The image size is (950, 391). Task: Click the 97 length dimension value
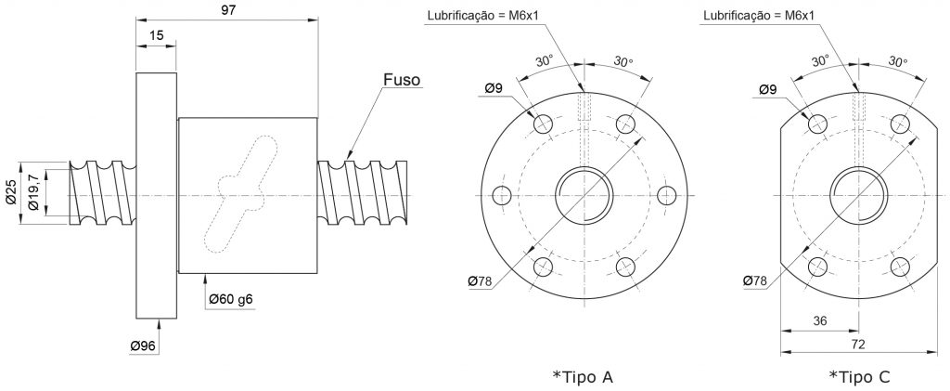click(x=228, y=10)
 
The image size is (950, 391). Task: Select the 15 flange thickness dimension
click(x=156, y=35)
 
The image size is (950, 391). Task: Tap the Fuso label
click(x=401, y=80)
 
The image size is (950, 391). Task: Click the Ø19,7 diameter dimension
click(x=34, y=192)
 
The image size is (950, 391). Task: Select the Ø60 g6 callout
click(x=231, y=299)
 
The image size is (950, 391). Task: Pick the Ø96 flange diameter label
click(x=143, y=346)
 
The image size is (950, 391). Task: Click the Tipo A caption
click(x=583, y=377)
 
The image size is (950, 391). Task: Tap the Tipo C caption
click(x=859, y=377)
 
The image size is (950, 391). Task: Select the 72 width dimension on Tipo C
click(x=858, y=344)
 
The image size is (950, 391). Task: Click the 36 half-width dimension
click(x=819, y=321)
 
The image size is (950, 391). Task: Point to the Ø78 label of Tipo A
click(x=480, y=280)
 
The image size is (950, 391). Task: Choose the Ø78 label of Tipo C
click(x=754, y=280)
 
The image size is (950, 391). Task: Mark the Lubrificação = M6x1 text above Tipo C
click(x=759, y=16)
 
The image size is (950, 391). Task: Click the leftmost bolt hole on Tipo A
click(x=502, y=195)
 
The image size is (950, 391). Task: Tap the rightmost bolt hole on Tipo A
click(x=666, y=195)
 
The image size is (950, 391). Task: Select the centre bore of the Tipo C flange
click(x=859, y=196)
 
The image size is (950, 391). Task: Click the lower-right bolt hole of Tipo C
click(x=900, y=267)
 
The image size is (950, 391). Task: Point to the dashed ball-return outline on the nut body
click(x=241, y=194)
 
